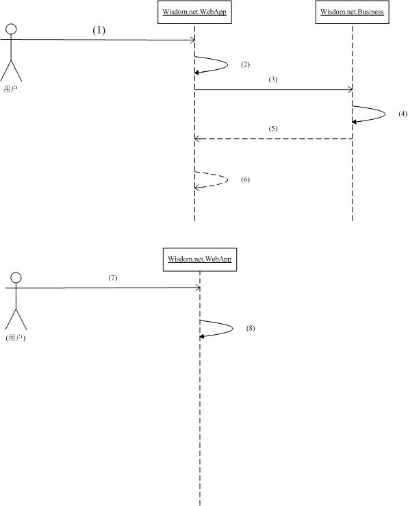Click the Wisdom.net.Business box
tap(352, 12)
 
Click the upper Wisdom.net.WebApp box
tap(194, 12)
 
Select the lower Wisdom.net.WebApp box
tap(200, 260)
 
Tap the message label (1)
tap(99, 30)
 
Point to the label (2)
tap(246, 64)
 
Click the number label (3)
tap(273, 79)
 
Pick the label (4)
tap(403, 114)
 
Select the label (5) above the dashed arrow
tap(273, 129)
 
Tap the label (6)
tap(246, 179)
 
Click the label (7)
tap(113, 278)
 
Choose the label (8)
tap(251, 328)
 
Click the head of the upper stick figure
tap(11, 29)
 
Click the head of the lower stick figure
tap(16, 278)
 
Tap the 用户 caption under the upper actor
tap(11, 89)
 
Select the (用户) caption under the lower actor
tap(16, 338)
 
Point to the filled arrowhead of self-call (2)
tap(196, 73)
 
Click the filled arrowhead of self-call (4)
tap(354, 122)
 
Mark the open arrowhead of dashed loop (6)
tap(196, 187)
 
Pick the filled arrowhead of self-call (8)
tap(201, 337)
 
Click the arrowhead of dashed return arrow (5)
tap(196, 138)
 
